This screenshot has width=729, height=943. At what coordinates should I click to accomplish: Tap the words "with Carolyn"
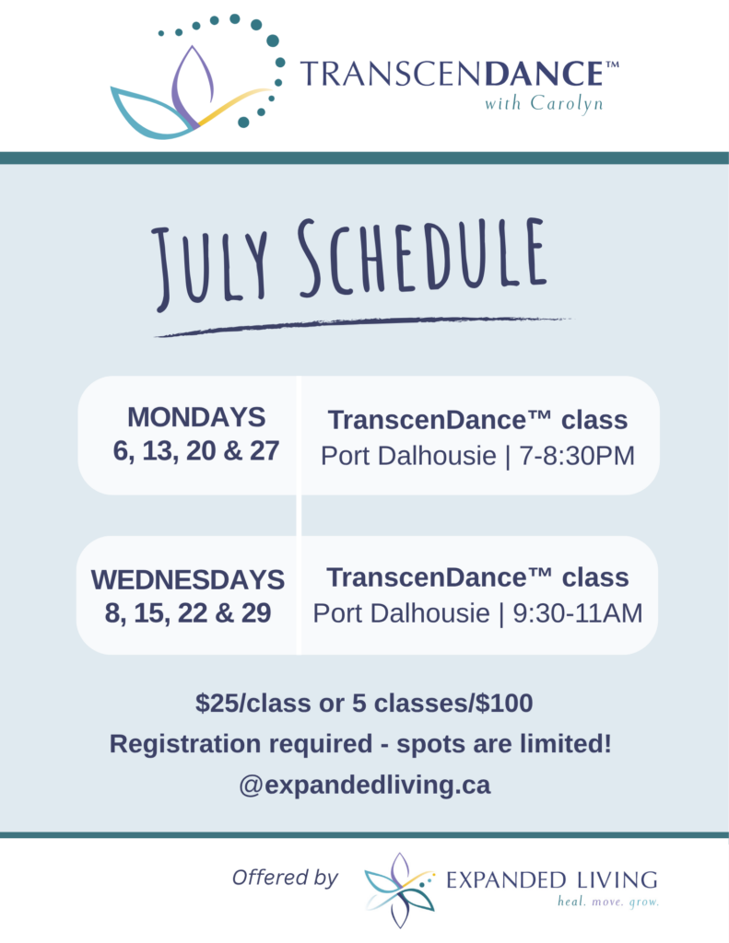(544, 103)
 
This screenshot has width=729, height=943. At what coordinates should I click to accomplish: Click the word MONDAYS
(196, 417)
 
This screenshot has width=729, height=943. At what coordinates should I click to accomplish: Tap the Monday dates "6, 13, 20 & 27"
(196, 451)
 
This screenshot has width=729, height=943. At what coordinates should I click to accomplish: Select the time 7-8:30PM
(577, 456)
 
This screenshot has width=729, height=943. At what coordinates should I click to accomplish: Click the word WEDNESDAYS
(188, 580)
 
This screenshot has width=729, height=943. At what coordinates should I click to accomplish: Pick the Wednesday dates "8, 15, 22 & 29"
(188, 613)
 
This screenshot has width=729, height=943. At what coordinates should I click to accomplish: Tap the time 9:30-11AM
(577, 613)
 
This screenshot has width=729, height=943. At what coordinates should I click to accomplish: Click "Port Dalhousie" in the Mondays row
(408, 456)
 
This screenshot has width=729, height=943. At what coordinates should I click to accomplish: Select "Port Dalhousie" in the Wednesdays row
(401, 613)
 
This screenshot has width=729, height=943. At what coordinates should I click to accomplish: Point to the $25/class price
(253, 703)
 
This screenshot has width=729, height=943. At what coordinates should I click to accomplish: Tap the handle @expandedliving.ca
(365, 785)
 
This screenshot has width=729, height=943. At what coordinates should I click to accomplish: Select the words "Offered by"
(285, 878)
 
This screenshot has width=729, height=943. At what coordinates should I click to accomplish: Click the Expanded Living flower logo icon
(399, 891)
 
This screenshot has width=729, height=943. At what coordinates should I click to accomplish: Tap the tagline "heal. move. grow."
(608, 902)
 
